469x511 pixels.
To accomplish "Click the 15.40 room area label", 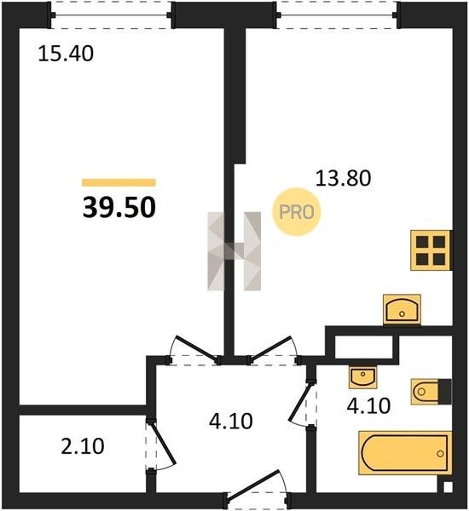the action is click(x=66, y=54).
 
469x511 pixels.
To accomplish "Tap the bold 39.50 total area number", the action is click(x=119, y=208).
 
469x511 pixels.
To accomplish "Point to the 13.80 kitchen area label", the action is click(x=343, y=178).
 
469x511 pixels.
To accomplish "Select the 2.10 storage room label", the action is click(x=83, y=446).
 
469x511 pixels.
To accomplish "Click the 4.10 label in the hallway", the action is click(x=231, y=421).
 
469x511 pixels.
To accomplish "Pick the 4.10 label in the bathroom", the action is click(x=368, y=406).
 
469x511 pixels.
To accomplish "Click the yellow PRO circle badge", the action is click(x=297, y=212).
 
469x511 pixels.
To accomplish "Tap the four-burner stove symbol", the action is click(x=431, y=250).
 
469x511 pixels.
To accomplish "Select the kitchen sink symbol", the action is click(x=402, y=310).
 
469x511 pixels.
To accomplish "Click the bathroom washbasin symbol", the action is click(x=363, y=377).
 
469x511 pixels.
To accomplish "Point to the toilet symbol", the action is click(x=431, y=392).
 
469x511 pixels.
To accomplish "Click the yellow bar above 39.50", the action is click(x=119, y=182).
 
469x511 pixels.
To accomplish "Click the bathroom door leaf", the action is click(x=299, y=401).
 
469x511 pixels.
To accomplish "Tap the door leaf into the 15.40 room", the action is click(x=196, y=348).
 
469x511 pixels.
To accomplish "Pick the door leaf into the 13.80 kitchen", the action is click(x=270, y=348).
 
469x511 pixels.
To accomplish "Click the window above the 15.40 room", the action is click(x=111, y=15).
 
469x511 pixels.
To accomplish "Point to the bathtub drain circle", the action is click(x=440, y=453).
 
